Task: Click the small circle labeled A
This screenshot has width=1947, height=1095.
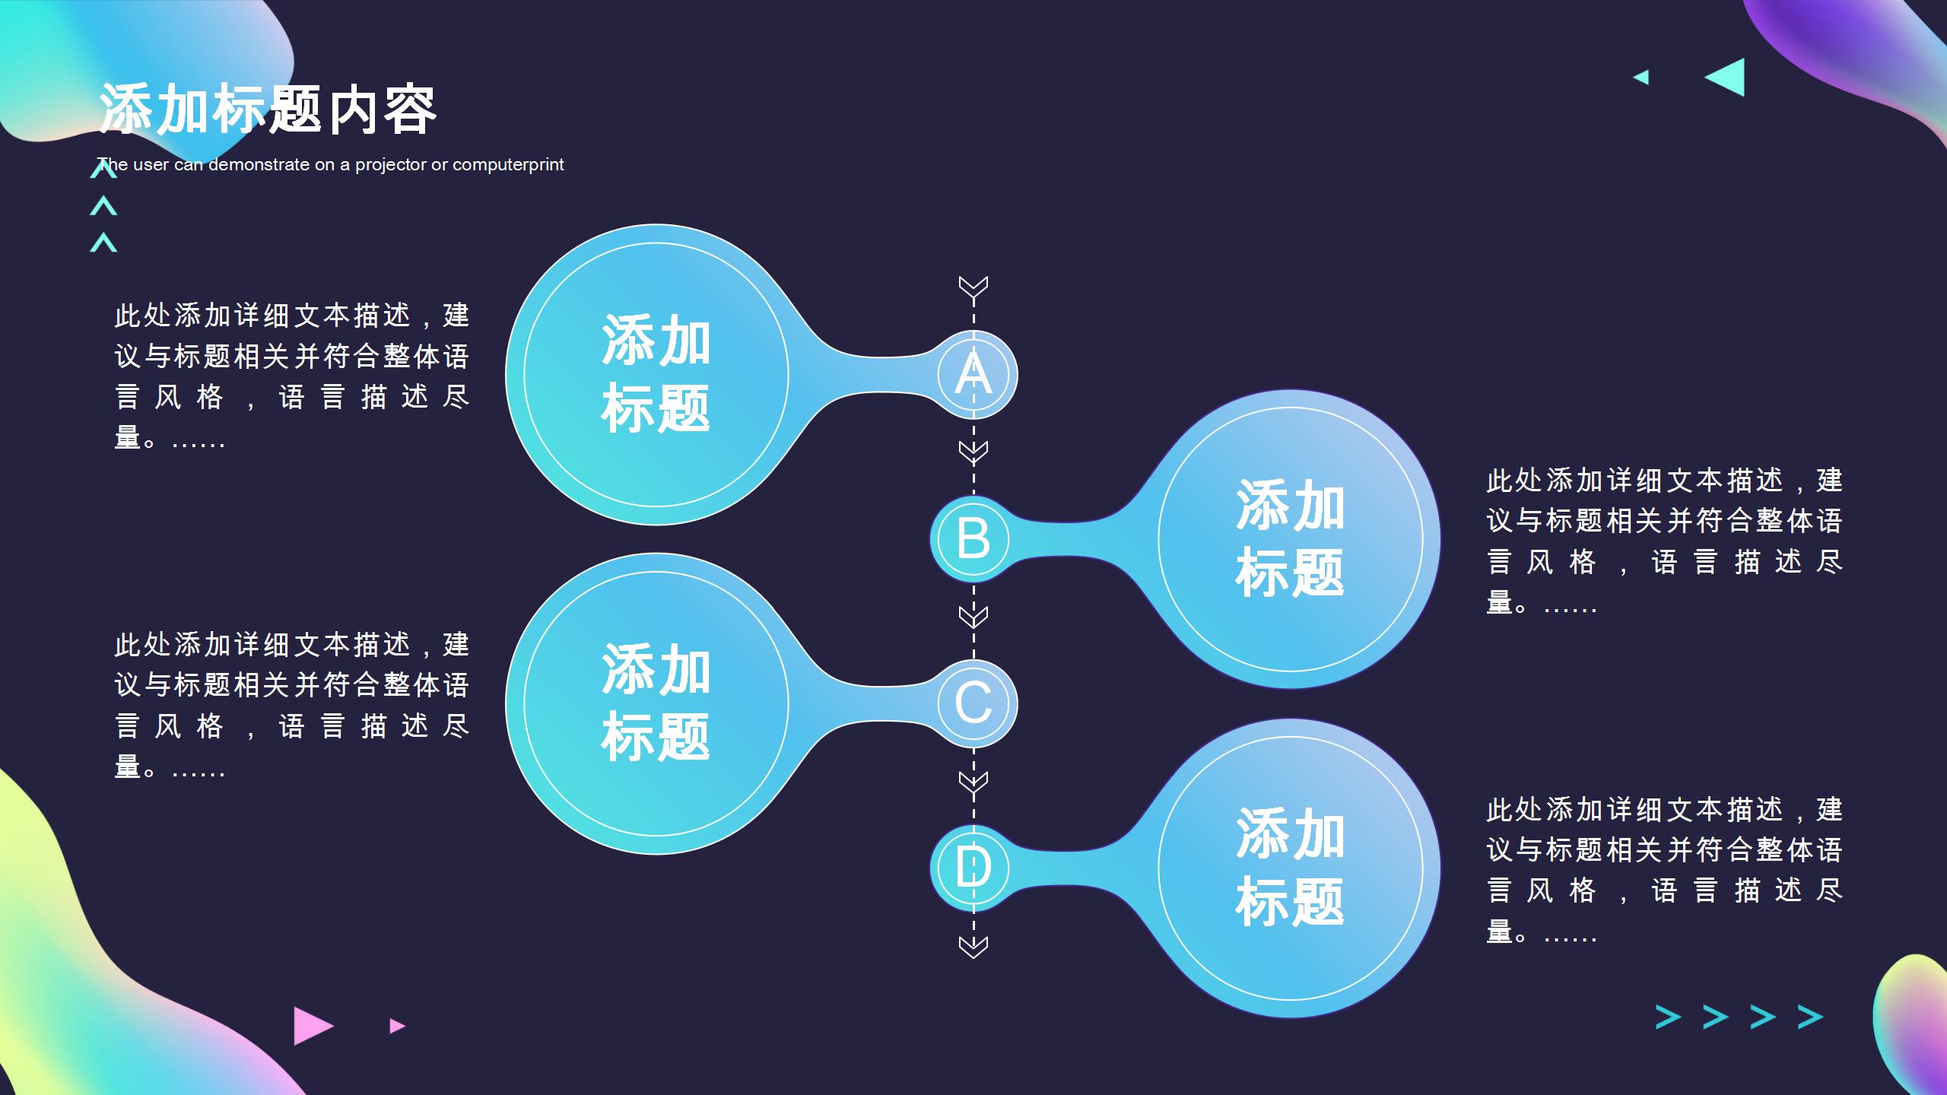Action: pos(973,375)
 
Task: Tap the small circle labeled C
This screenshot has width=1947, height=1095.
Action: pos(973,703)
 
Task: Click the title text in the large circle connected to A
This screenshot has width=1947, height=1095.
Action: pos(656,374)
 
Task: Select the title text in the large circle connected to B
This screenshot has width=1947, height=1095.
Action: pos(1291,538)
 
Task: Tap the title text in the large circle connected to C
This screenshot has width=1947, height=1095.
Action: pos(656,703)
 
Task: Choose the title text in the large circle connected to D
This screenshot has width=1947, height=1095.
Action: pos(1291,868)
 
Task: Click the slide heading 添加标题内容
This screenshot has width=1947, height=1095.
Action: pos(268,109)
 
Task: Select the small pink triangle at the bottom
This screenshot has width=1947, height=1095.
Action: pos(397,1026)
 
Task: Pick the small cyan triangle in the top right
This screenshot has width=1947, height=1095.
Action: pos(1641,77)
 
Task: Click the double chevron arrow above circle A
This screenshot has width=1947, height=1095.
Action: pos(973,287)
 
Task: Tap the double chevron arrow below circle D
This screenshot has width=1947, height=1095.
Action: pos(973,947)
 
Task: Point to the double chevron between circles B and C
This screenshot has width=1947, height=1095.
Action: pos(973,617)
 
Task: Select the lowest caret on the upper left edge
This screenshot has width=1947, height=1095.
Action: pos(103,243)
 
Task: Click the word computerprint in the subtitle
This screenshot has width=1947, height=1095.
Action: pos(508,165)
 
